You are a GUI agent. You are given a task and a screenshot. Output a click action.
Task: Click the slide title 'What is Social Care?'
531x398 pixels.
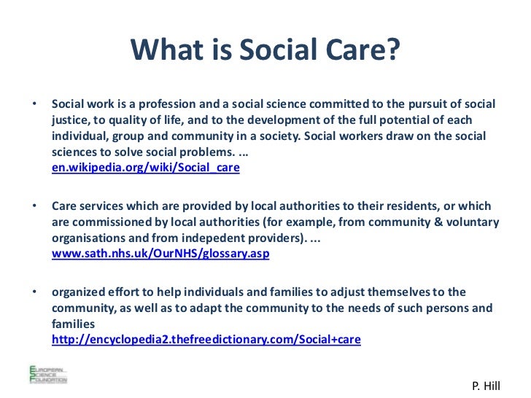click(x=265, y=50)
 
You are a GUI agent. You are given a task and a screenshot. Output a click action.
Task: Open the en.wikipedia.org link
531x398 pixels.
click(x=145, y=168)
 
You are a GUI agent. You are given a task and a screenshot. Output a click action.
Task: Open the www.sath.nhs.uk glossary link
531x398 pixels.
click(x=160, y=254)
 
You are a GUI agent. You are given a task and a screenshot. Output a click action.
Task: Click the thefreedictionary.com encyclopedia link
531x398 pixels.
click(x=206, y=340)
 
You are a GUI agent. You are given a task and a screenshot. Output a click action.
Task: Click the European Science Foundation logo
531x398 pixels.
click(x=47, y=372)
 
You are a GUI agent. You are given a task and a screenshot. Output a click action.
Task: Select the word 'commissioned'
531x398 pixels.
click(x=108, y=222)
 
